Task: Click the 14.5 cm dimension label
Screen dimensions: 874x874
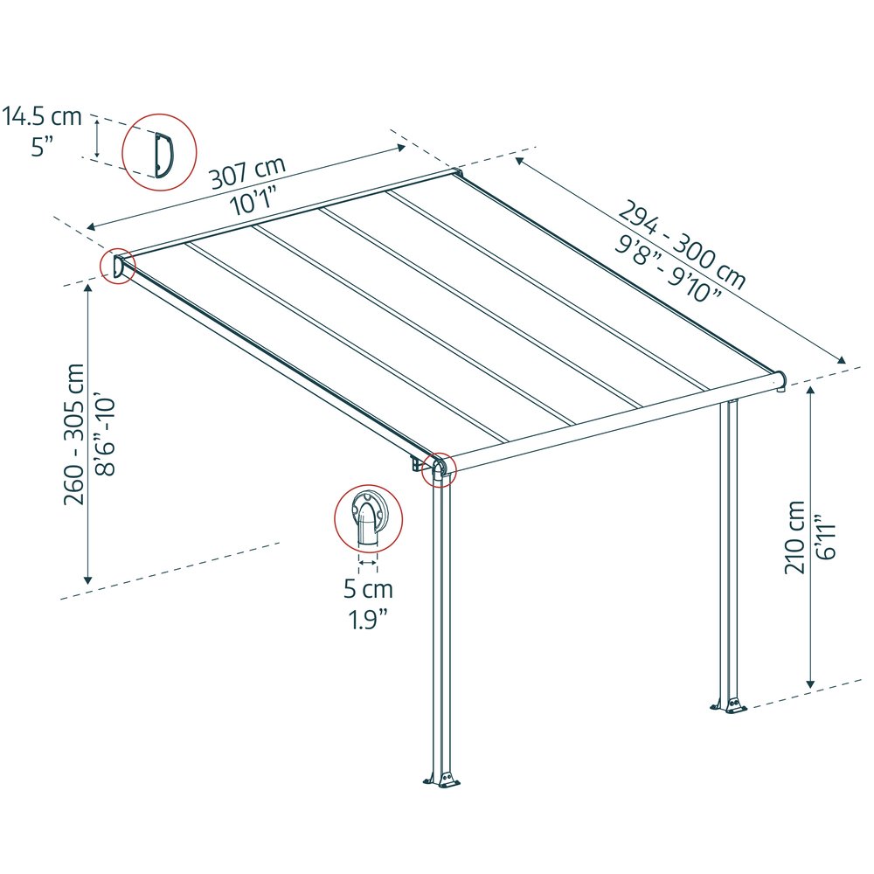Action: [42, 117]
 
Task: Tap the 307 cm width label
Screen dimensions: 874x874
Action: [247, 172]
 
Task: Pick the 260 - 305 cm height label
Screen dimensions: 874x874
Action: [74, 434]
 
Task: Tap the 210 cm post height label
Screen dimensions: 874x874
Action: [794, 538]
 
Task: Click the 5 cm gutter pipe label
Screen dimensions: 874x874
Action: [368, 588]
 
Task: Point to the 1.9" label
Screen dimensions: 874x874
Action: [368, 619]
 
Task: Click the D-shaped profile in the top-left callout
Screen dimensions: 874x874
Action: [164, 156]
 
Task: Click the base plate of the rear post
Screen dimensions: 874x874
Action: [729, 704]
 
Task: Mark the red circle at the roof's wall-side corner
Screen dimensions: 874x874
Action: [118, 266]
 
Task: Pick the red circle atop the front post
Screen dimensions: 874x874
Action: [439, 469]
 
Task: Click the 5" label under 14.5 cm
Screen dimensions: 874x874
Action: [42, 147]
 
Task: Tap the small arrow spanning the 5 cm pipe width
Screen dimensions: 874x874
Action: [368, 563]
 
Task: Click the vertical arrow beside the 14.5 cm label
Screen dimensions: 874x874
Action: [97, 138]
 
